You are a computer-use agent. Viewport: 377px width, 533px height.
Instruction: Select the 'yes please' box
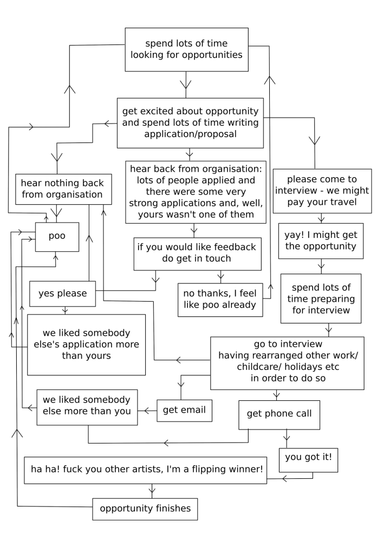[x=62, y=294]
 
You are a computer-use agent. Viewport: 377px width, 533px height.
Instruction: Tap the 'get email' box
[x=184, y=410]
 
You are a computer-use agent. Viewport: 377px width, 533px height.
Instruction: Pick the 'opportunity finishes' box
[x=145, y=509]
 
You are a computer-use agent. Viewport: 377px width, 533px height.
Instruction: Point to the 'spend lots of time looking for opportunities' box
[x=186, y=50]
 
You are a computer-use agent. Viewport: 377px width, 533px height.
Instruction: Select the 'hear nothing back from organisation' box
[x=59, y=188]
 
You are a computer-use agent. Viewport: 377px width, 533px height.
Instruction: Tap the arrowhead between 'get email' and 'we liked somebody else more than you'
[x=147, y=410]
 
